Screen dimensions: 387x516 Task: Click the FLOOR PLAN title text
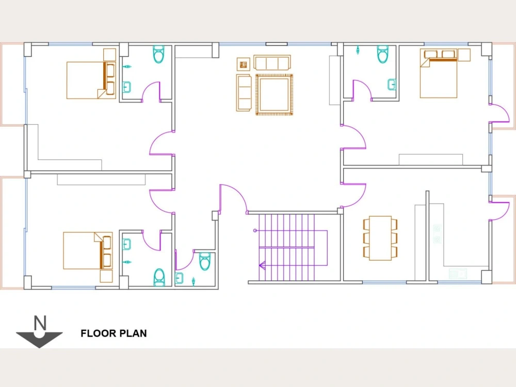pyautogui.click(x=114, y=333)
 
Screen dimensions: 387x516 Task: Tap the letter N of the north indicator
pyautogui.click(x=40, y=324)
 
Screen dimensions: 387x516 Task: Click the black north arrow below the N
pyautogui.click(x=40, y=338)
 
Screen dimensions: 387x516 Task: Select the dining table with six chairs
pyautogui.click(x=380, y=238)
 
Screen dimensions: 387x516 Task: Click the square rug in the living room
pyautogui.click(x=274, y=94)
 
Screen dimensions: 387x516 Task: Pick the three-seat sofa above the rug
pyautogui.click(x=272, y=63)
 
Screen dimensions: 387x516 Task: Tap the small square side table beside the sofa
pyautogui.click(x=243, y=64)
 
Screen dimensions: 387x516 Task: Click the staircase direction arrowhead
pyautogui.click(x=262, y=266)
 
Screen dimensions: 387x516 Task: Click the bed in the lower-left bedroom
pyautogui.click(x=88, y=250)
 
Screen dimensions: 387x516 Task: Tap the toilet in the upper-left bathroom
pyautogui.click(x=159, y=54)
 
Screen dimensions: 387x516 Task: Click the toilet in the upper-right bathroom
pyautogui.click(x=382, y=54)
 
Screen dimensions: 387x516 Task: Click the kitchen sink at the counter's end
pyautogui.click(x=457, y=274)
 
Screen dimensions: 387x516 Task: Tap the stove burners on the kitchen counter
pyautogui.click(x=437, y=233)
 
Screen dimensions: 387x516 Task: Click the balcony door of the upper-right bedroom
pyautogui.click(x=499, y=113)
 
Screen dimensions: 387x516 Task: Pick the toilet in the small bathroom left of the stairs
pyautogui.click(x=205, y=261)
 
